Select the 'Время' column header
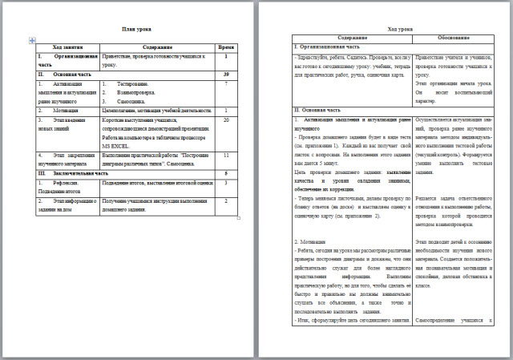pos(227,47)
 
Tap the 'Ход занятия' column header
pos(68,47)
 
